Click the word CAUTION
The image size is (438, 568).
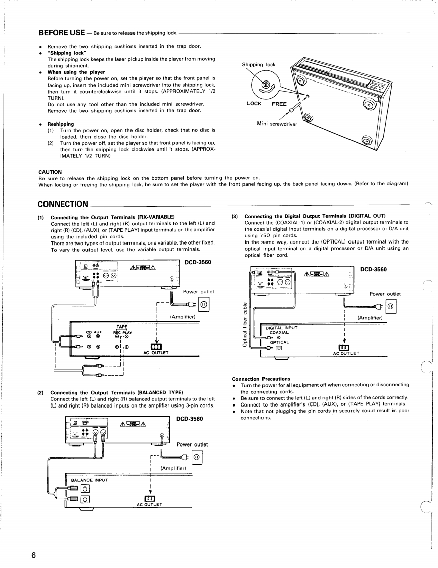[x=50, y=172]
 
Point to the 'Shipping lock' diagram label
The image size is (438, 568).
[x=258, y=65]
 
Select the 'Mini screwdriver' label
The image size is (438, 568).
[x=277, y=123]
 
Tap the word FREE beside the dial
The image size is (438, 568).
[x=279, y=104]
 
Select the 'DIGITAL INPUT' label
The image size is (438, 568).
[x=282, y=328]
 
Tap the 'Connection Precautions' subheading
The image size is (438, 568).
[x=261, y=379]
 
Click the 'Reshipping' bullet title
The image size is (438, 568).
[x=61, y=124]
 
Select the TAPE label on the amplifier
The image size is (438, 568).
[x=121, y=327]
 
